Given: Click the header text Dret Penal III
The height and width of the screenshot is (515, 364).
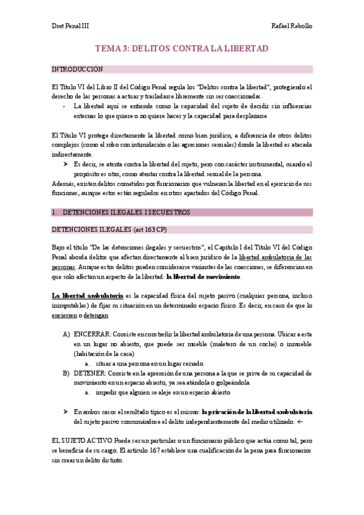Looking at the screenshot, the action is click(69, 27).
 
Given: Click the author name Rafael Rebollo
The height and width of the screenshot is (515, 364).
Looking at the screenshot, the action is click(293, 27).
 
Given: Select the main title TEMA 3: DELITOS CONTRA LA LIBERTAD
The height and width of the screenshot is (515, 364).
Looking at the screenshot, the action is click(182, 48).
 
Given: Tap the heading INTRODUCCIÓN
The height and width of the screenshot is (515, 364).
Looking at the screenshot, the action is click(78, 69).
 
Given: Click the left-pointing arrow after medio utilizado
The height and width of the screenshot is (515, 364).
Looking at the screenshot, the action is click(300, 421).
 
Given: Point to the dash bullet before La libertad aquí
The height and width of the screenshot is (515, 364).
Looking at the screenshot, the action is click(65, 105).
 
